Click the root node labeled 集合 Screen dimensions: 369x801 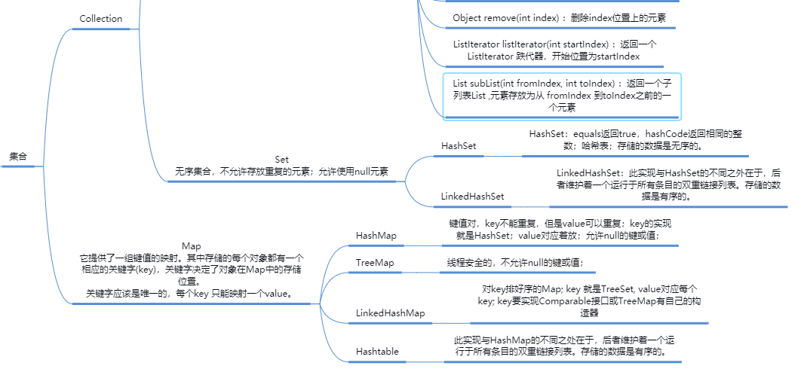pos(18,157)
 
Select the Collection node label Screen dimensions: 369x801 pos(100,19)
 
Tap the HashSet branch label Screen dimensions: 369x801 pos(459,145)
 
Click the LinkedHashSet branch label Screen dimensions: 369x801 pos(472,197)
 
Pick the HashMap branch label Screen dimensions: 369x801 pos(376,236)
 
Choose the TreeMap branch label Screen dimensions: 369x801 pos(375,263)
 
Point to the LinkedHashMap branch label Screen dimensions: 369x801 pos(390,313)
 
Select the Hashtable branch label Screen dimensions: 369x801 pos(377,352)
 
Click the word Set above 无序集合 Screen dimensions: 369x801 pos(281,160)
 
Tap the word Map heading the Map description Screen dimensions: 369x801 pos(191,246)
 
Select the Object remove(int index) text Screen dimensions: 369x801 pos(559,17)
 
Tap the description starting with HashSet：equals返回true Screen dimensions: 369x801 pos(634,139)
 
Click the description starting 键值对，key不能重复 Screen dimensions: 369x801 pos(560,230)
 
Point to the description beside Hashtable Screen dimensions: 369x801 pos(559,346)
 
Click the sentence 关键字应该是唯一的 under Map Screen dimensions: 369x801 pos(189,293)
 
